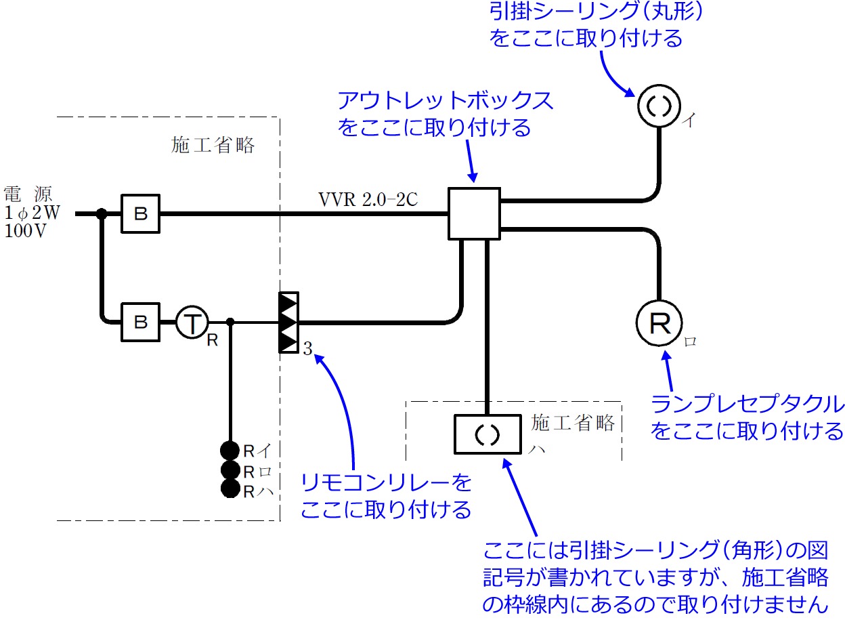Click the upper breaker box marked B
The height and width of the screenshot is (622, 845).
point(141,214)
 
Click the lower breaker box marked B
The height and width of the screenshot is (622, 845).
point(141,322)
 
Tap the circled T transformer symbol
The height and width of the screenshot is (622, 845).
point(193,322)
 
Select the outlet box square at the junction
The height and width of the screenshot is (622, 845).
point(474,213)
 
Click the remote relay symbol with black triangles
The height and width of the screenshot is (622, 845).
point(289,323)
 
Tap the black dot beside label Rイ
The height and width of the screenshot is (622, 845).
point(230,451)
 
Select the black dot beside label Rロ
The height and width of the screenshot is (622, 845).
point(230,470)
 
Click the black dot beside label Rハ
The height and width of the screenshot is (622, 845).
point(230,489)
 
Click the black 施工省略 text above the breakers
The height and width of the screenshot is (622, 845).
point(213,145)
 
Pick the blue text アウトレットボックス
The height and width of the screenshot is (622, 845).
point(445,102)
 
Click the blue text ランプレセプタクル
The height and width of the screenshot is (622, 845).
point(747,405)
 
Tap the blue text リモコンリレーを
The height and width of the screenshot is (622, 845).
point(386,483)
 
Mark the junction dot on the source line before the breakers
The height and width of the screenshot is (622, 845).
point(102,214)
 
